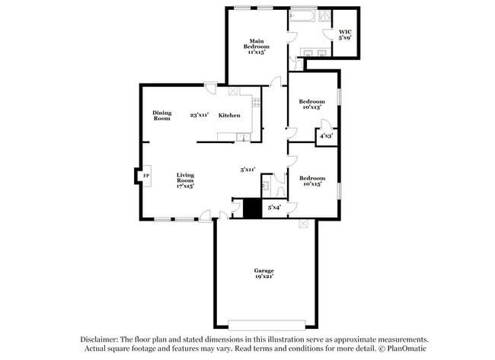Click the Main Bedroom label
[x=257, y=47]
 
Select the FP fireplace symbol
[x=145, y=177]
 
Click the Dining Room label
[x=161, y=116]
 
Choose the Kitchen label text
[x=229, y=116]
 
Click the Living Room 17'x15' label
[x=185, y=180]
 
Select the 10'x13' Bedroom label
[x=311, y=105]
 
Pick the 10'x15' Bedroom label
[x=311, y=181]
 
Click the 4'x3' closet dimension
[x=325, y=136]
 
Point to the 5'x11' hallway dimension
[x=247, y=170]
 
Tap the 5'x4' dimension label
[x=273, y=207]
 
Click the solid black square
[x=251, y=209]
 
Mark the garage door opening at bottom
[x=267, y=320]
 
